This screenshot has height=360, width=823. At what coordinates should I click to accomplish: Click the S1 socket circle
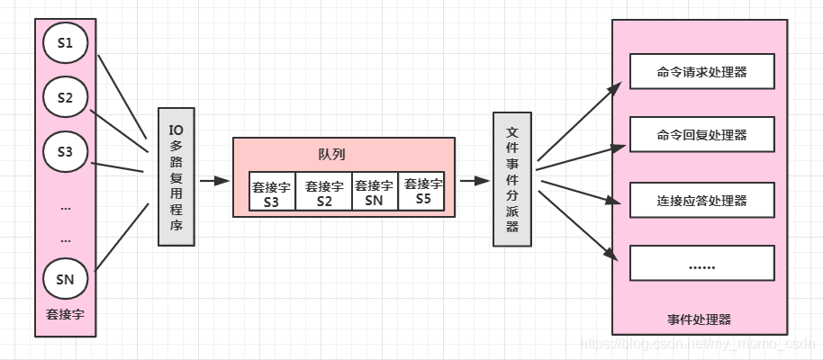[x=65, y=43]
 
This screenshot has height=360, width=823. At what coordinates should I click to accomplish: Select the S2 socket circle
[x=65, y=98]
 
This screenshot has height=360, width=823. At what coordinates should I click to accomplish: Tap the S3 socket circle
[x=65, y=152]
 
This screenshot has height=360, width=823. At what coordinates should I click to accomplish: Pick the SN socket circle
[x=65, y=279]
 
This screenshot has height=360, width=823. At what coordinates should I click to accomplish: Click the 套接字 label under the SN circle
[x=65, y=315]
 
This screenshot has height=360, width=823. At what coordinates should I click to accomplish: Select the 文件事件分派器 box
[x=512, y=179]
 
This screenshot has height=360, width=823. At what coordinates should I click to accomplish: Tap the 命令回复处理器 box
[x=702, y=135]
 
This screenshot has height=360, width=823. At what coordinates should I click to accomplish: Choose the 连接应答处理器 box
[x=702, y=199]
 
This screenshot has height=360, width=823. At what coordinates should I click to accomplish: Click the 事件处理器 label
[x=700, y=319]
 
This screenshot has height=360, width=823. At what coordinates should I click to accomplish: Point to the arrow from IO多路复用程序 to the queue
[x=213, y=180]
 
